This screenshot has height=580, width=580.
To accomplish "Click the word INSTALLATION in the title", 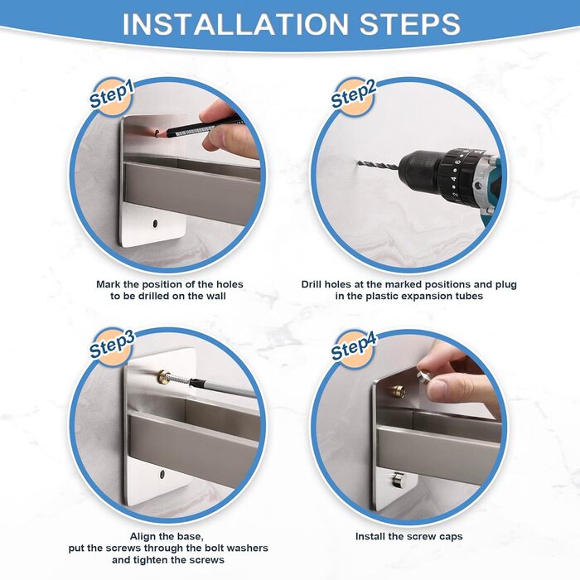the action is tap(235, 24).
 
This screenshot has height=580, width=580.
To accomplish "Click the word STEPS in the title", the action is tap(410, 24).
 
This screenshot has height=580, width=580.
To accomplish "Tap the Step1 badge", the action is tap(111, 96).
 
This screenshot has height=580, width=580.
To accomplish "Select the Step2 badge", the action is tap(353, 96).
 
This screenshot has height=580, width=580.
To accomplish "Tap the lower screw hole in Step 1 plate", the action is tap(156, 224).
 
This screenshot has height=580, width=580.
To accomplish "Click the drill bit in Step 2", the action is tap(378, 165).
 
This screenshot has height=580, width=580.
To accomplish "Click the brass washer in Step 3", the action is tap(163, 376).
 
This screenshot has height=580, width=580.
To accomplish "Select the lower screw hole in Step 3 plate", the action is tap(162, 474).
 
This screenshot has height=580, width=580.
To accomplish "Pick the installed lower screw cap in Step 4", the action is tap(397, 479).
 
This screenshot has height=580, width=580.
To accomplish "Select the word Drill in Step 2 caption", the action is tap(313, 284).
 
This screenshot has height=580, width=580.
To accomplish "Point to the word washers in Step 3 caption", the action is tap(248, 548).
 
